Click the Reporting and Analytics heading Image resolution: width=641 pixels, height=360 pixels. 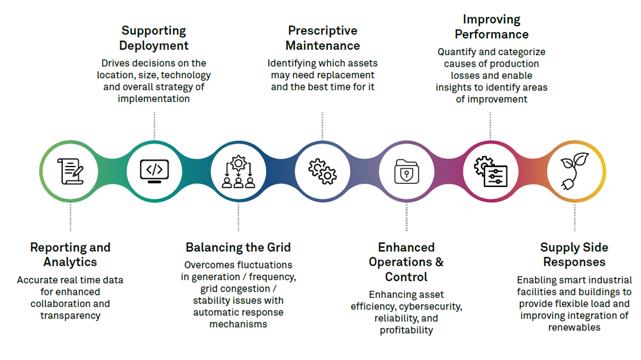(x=71, y=254)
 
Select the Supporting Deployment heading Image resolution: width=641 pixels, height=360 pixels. (x=154, y=38)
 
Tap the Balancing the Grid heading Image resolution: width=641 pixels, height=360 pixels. (x=238, y=247)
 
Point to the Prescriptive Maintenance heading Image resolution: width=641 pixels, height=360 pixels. (x=322, y=38)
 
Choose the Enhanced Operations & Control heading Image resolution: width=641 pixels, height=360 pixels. (x=406, y=262)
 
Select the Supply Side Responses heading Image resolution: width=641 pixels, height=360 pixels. (x=574, y=254)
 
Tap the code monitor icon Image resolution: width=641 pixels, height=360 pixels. (x=154, y=172)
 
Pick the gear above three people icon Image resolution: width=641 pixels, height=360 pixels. (x=238, y=172)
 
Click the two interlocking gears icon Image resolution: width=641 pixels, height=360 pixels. (x=322, y=172)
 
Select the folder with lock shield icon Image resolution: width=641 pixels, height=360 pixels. (x=406, y=172)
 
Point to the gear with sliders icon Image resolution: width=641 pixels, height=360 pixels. (x=490, y=172)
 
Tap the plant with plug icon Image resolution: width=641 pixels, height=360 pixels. (x=574, y=172)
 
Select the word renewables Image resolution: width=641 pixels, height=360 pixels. (x=574, y=327)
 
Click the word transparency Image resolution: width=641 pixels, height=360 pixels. (x=71, y=315)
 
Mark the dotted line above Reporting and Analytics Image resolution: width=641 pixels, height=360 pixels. (x=71, y=218)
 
